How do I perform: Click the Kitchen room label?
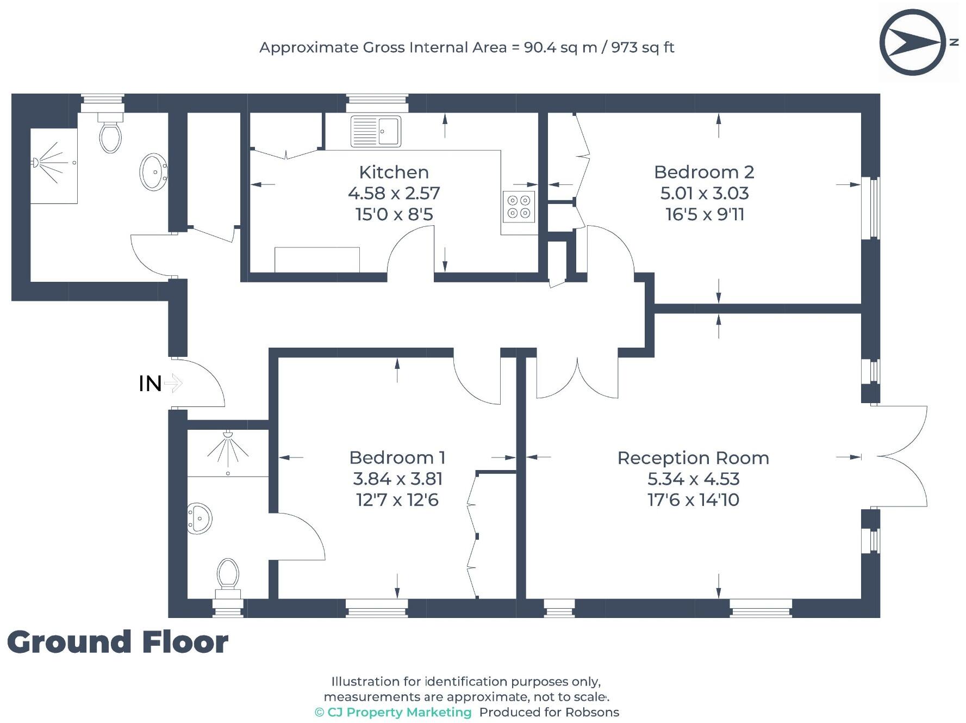(394, 172)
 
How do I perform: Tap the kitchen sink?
(376, 131)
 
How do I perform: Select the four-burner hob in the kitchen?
(519, 207)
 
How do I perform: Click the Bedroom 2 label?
(704, 172)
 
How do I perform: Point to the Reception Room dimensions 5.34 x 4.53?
(693, 479)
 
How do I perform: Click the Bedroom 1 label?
(397, 458)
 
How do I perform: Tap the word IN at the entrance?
(150, 384)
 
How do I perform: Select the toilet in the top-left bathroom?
(110, 133)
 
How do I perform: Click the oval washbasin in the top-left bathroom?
(154, 172)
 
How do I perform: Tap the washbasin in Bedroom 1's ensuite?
(200, 518)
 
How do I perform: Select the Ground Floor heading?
(117, 642)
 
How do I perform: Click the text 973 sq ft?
(643, 47)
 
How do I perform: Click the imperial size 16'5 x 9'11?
(705, 214)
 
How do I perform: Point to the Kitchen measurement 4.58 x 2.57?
(394, 193)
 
